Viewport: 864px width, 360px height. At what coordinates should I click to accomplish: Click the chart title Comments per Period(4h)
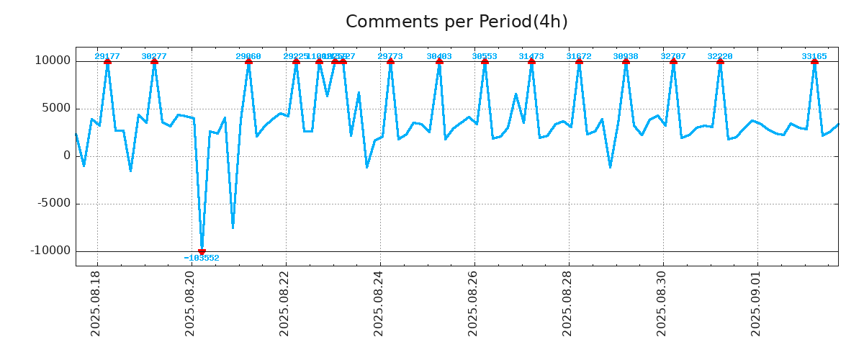[x=456, y=22]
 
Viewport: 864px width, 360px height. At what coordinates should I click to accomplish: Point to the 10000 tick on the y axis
[x=53, y=60]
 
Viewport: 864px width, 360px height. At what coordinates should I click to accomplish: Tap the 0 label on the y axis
[x=67, y=156]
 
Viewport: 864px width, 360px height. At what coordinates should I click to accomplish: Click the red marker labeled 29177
[x=107, y=61]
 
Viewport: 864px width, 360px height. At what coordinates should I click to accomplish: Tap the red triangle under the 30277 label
[x=154, y=61]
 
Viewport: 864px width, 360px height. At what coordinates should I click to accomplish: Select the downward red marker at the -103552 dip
[x=202, y=251]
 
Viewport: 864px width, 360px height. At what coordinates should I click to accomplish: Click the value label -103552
[x=202, y=258]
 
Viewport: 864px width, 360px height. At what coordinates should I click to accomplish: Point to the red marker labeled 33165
[x=814, y=61]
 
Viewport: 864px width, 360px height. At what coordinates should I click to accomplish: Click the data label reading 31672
[x=579, y=56]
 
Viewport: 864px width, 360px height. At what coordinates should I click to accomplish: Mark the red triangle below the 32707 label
[x=673, y=61]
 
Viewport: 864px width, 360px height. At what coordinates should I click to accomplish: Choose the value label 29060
[x=248, y=56]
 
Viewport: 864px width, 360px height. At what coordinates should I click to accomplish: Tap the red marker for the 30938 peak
[x=626, y=61]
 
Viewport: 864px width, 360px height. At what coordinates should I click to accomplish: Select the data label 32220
[x=720, y=56]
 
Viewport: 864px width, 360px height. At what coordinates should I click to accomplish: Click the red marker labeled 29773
[x=390, y=61]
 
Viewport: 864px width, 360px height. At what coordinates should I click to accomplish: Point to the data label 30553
[x=485, y=56]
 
